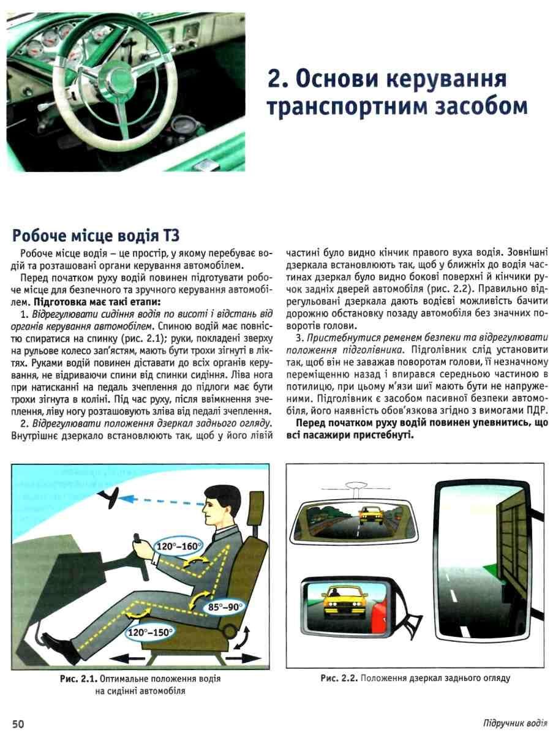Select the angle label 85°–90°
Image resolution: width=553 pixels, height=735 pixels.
tap(225, 608)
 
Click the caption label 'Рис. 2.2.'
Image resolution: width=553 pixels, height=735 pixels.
tap(339, 678)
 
